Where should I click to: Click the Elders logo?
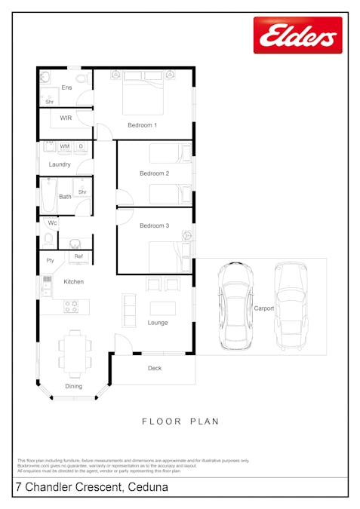click(x=297, y=35)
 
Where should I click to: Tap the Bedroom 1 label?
click(x=142, y=124)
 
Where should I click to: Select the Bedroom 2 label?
click(x=154, y=173)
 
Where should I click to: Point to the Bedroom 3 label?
click(x=154, y=225)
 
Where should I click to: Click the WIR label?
click(x=66, y=118)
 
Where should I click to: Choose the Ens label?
click(x=66, y=88)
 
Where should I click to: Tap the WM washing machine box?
click(x=65, y=146)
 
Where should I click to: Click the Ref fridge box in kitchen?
click(x=78, y=257)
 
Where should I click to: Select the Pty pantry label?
click(x=51, y=261)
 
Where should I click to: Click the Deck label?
click(x=154, y=368)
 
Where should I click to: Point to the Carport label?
click(x=263, y=308)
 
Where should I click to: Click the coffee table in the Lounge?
click(x=162, y=308)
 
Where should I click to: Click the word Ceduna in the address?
click(x=148, y=488)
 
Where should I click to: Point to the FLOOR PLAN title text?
click(x=180, y=422)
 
